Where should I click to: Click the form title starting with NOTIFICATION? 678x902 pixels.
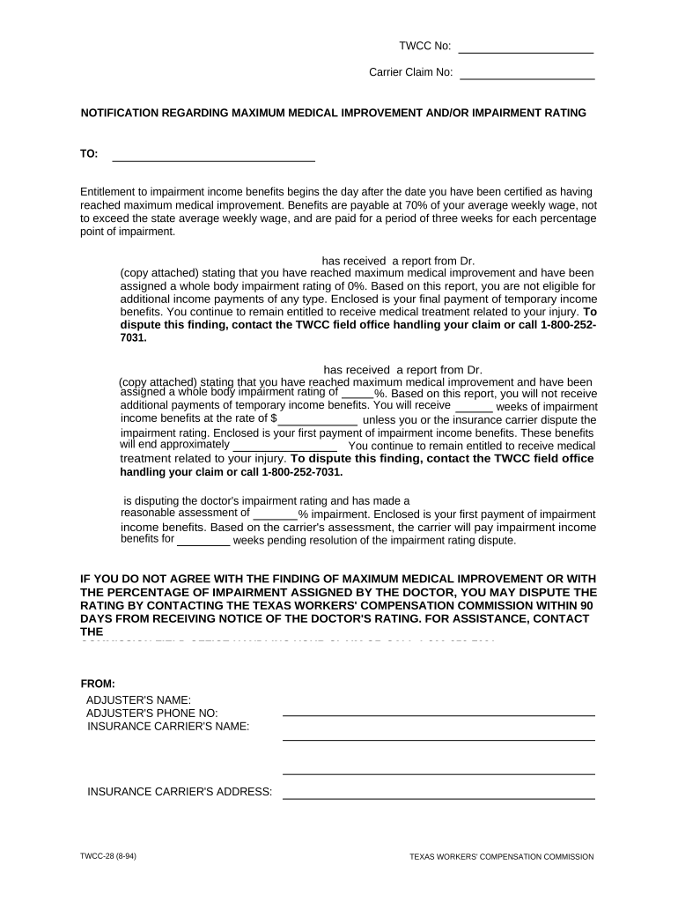point(334,114)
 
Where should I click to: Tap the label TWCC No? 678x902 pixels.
point(425,47)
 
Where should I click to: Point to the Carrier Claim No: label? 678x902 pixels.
point(410,73)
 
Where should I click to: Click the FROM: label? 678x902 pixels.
point(98,684)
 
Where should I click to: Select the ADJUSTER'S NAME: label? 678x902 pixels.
point(138,700)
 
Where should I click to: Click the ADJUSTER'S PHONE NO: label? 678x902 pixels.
point(152,713)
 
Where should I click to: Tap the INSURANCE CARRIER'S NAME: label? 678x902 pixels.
point(168,727)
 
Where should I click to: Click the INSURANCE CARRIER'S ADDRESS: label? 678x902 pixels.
point(180,792)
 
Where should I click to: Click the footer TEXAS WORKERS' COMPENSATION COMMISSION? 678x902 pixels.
point(502,856)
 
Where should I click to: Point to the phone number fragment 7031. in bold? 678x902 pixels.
point(133,337)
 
